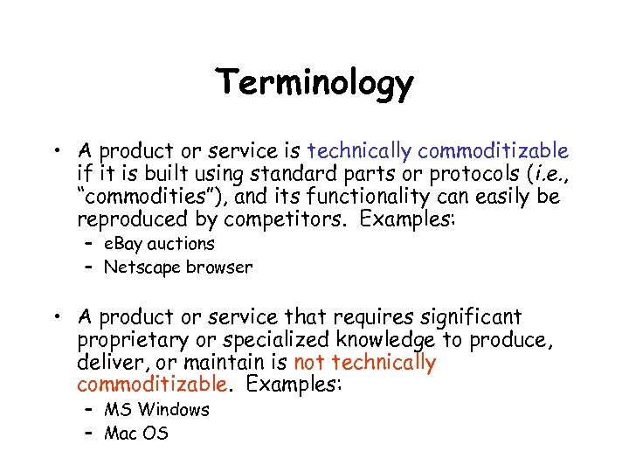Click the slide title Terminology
coord(314,84)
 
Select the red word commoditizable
coord(152,385)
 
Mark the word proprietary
coord(133,340)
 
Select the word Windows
coord(174,409)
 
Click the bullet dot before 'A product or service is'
coord(57,151)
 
